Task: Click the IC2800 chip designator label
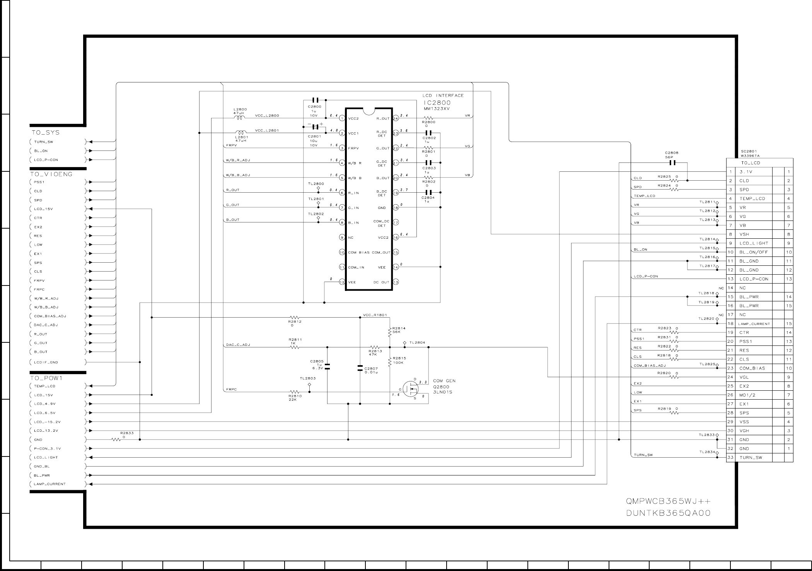click(437, 103)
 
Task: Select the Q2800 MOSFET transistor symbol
click(410, 388)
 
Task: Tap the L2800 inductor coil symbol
click(240, 118)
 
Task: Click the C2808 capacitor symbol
click(672, 163)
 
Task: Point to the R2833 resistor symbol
click(116, 439)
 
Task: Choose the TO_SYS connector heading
click(46, 132)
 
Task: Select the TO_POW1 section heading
click(46, 378)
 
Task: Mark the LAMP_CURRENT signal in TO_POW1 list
click(49, 484)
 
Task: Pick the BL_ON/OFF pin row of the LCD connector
click(754, 252)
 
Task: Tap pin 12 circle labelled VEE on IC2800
click(342, 282)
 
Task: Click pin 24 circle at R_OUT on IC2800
click(396, 118)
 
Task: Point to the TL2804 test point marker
click(404, 343)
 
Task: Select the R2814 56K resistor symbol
click(390, 331)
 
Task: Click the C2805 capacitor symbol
click(328, 366)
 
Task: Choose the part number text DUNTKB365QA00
click(668, 514)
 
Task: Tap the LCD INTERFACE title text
click(443, 95)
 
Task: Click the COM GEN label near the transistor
click(444, 381)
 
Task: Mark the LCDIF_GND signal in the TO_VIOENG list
click(46, 362)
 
